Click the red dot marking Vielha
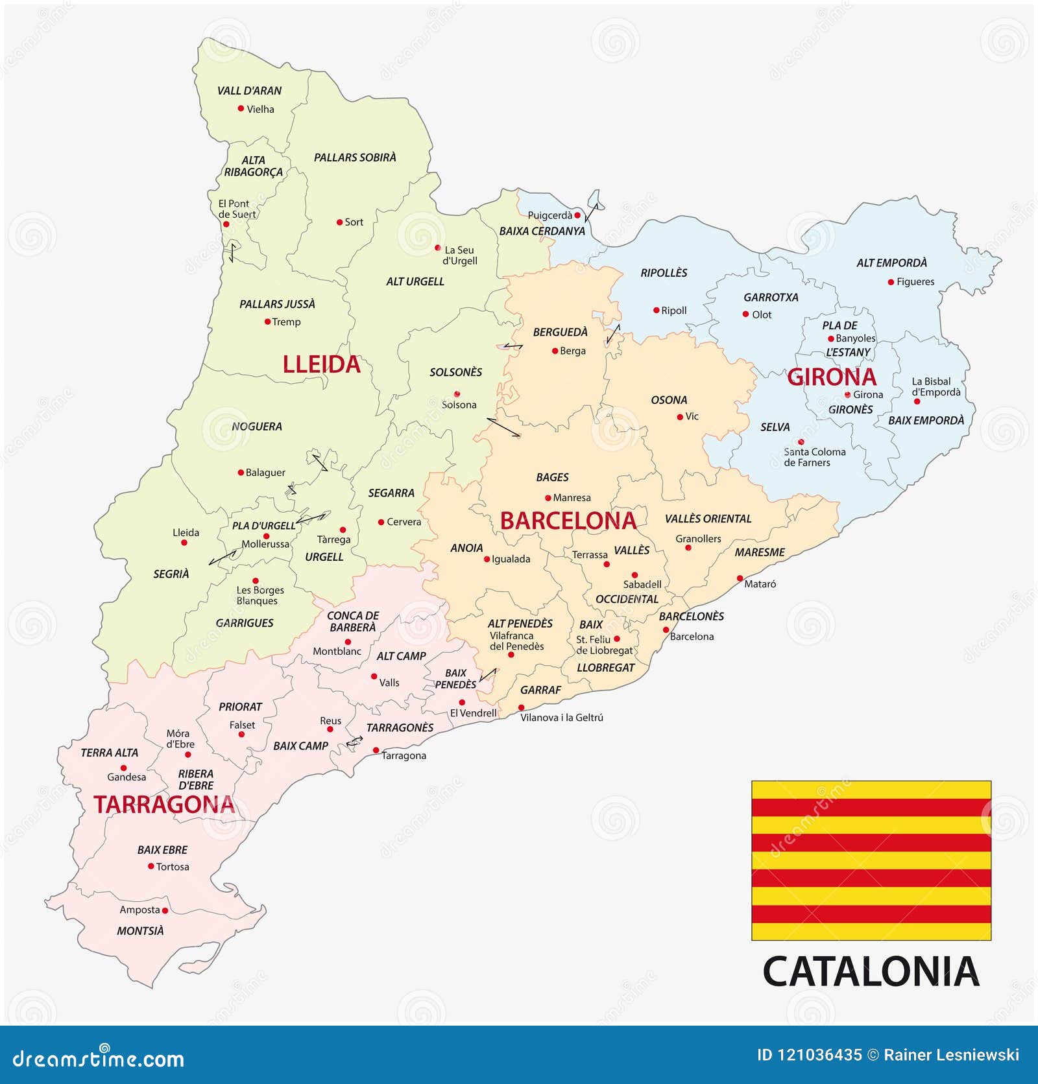[241, 109]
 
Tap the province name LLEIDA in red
[321, 364]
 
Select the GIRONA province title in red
[831, 377]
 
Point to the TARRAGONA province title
[164, 805]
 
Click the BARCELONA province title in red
[568, 521]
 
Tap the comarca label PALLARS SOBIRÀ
[355, 158]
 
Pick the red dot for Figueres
[891, 282]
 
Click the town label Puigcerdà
[549, 215]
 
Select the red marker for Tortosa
[151, 866]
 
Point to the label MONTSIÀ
[140, 931]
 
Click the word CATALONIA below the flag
[871, 972]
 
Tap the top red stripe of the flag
[871, 807]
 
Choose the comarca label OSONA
[669, 400]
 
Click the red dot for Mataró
[740, 578]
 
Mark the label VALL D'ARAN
[249, 91]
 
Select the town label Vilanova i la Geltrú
[562, 718]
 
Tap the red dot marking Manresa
[548, 498]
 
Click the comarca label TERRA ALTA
[109, 753]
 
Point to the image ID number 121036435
[809, 1055]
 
